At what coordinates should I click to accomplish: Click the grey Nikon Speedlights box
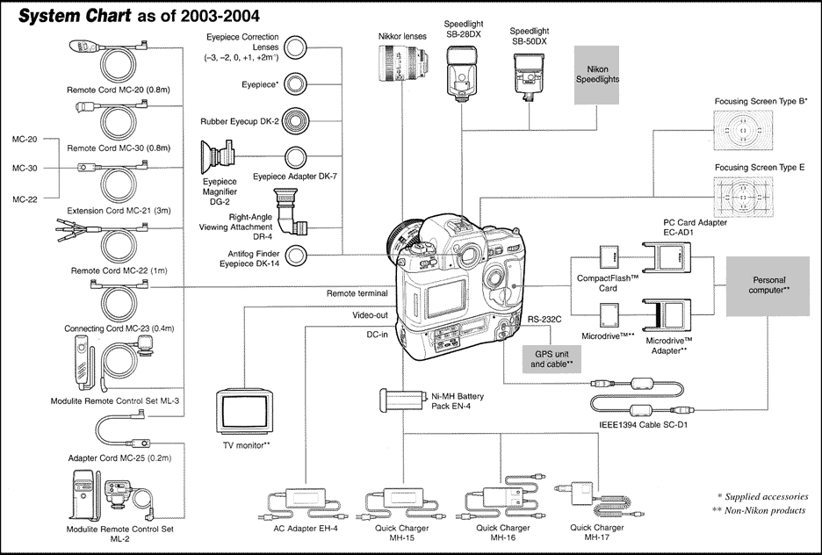click(x=597, y=74)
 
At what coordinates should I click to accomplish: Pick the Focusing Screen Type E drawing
click(x=745, y=201)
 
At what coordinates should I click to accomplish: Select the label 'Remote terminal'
click(x=357, y=293)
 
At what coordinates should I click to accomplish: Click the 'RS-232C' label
click(x=544, y=321)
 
